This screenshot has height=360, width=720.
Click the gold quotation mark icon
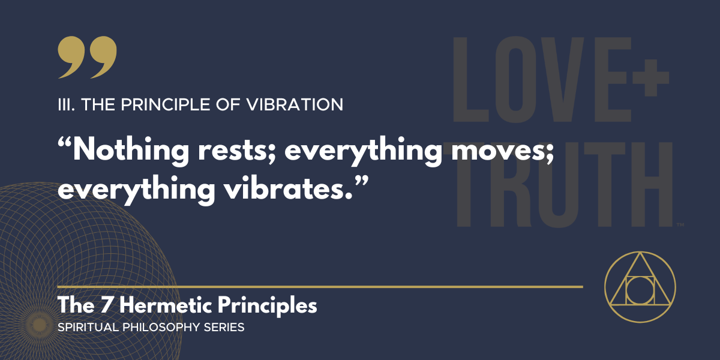[87, 58]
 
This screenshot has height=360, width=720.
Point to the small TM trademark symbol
[680, 225]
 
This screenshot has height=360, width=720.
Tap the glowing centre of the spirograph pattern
[40, 325]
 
